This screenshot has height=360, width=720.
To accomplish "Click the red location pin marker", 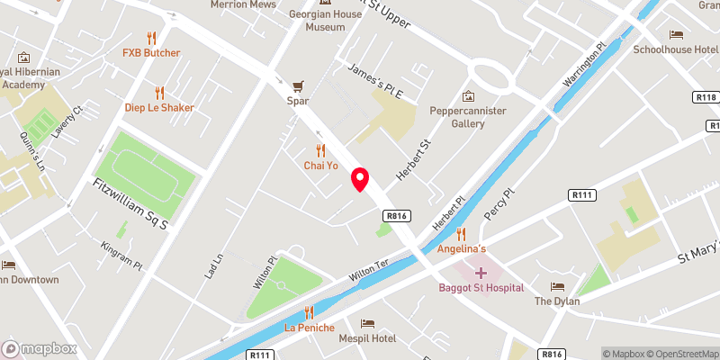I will point(360,179).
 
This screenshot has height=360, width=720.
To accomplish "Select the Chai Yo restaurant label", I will point(320,166).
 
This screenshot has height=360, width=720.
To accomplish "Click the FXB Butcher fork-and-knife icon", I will point(151,38).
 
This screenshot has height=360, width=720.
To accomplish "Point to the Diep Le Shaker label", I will point(159,108).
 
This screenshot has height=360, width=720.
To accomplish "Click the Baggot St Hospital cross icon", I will point(480,272).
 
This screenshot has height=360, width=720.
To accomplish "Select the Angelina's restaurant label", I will point(462,247).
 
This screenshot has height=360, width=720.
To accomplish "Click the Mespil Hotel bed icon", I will point(367,323).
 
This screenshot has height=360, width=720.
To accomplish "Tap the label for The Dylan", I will point(557,301).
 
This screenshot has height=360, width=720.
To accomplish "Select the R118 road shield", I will point(705,96).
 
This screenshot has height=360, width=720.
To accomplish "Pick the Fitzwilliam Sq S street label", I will point(131,202).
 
